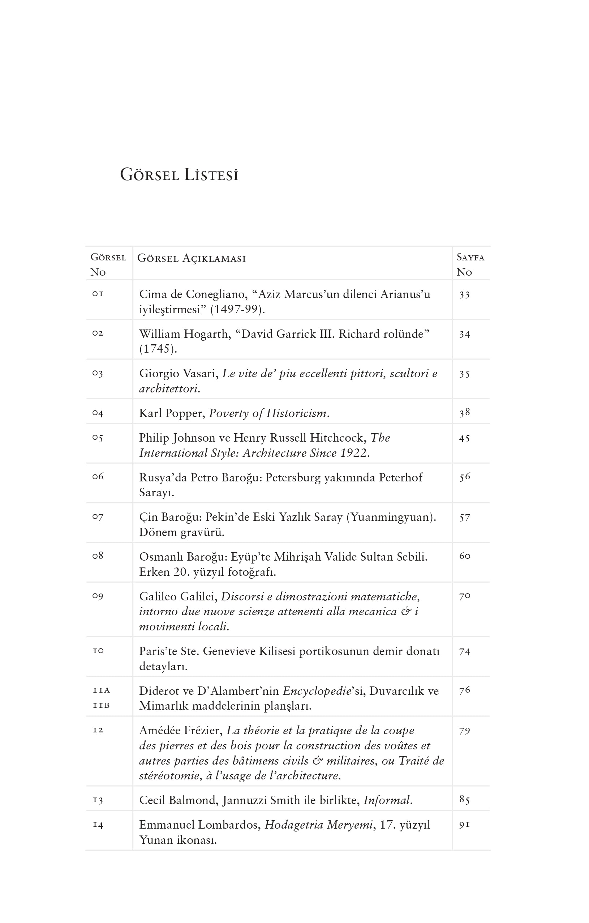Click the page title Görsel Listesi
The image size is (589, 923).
tap(179, 175)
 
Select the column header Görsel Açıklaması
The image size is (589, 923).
tap(192, 258)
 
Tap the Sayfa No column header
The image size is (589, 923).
tap(470, 264)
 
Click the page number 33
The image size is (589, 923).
tap(465, 295)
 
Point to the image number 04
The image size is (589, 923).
tap(98, 413)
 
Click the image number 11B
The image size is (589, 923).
tap(102, 705)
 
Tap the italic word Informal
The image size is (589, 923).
tap(387, 800)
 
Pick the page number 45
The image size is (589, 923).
tap(465, 438)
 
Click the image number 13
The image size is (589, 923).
tap(98, 800)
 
